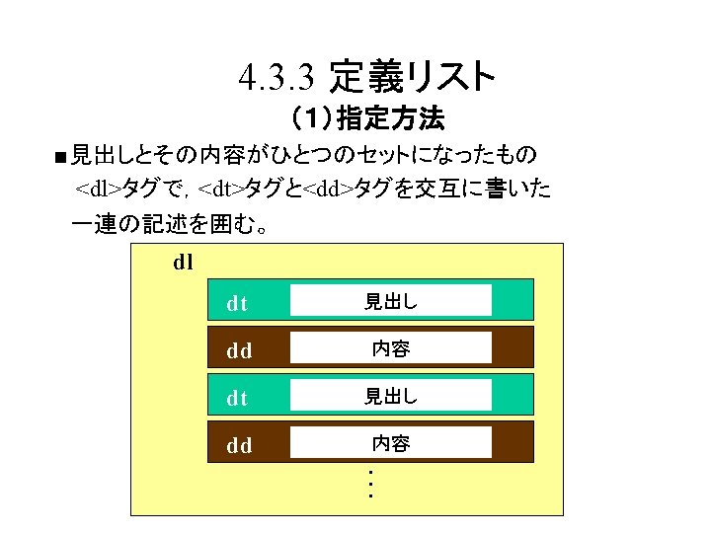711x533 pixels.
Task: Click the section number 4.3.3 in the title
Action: coord(277,76)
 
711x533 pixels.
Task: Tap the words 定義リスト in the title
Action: coord(412,75)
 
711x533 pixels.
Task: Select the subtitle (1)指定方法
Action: coord(365,120)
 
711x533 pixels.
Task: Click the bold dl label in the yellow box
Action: coord(183,263)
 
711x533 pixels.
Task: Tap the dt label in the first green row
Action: coord(237,303)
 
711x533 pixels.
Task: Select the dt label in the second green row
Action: coord(237,398)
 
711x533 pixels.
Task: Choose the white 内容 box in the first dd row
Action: coord(391,348)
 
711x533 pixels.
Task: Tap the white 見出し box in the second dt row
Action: coord(391,396)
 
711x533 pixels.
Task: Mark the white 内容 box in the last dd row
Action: coord(391,443)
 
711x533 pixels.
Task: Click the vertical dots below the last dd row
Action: coord(368,484)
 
